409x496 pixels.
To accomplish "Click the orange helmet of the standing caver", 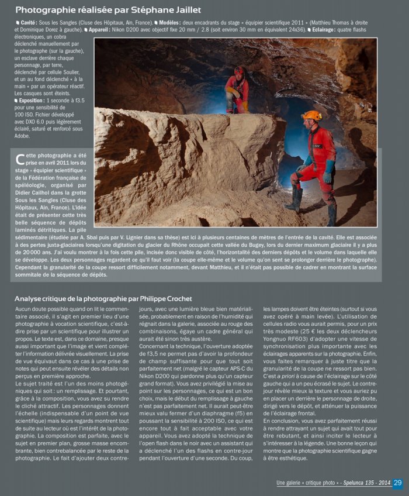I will click(311, 115).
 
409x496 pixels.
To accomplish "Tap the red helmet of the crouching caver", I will click(238, 71).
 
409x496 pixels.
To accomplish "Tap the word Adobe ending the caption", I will click(23, 136).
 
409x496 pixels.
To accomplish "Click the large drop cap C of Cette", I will click(20, 160).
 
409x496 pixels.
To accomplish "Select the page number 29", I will click(397, 483).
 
